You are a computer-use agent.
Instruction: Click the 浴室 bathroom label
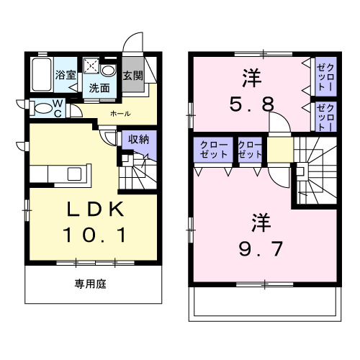[x=66, y=73]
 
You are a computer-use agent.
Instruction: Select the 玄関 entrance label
[x=132, y=74]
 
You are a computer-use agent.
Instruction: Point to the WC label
[x=59, y=107]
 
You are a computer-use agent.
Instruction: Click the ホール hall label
[x=120, y=113]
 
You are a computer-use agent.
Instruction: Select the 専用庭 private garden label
[x=91, y=284]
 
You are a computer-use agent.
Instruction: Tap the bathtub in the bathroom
[x=42, y=75]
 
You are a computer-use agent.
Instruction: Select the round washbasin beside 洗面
[x=109, y=71]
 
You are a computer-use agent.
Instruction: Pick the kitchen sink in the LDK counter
[x=75, y=174]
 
